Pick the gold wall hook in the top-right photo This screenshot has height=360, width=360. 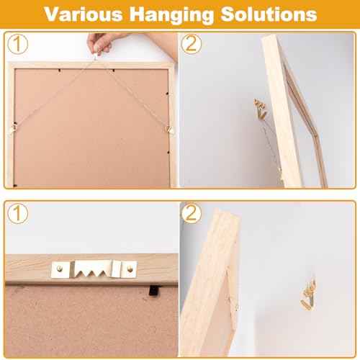coord(258,109)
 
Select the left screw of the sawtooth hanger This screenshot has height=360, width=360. coord(57,269)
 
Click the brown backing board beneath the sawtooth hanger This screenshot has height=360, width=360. coord(86,317)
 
